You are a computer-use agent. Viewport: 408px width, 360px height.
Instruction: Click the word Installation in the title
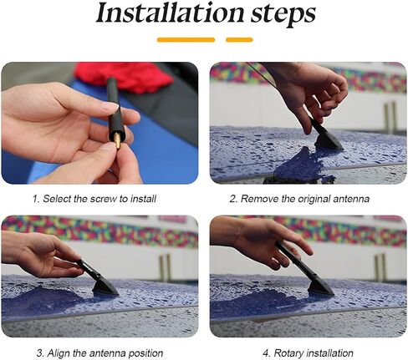(170, 13)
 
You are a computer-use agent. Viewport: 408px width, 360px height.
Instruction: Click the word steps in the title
(283, 15)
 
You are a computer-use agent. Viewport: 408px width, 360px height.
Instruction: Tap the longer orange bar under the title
(186, 40)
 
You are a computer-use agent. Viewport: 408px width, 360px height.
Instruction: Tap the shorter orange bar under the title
(239, 40)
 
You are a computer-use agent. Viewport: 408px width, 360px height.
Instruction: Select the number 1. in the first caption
(36, 199)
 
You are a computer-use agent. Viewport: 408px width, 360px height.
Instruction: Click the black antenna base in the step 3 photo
(105, 286)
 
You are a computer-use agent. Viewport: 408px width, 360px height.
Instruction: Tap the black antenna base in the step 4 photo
(320, 286)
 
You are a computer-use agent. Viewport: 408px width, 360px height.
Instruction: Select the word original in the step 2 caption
(314, 199)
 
